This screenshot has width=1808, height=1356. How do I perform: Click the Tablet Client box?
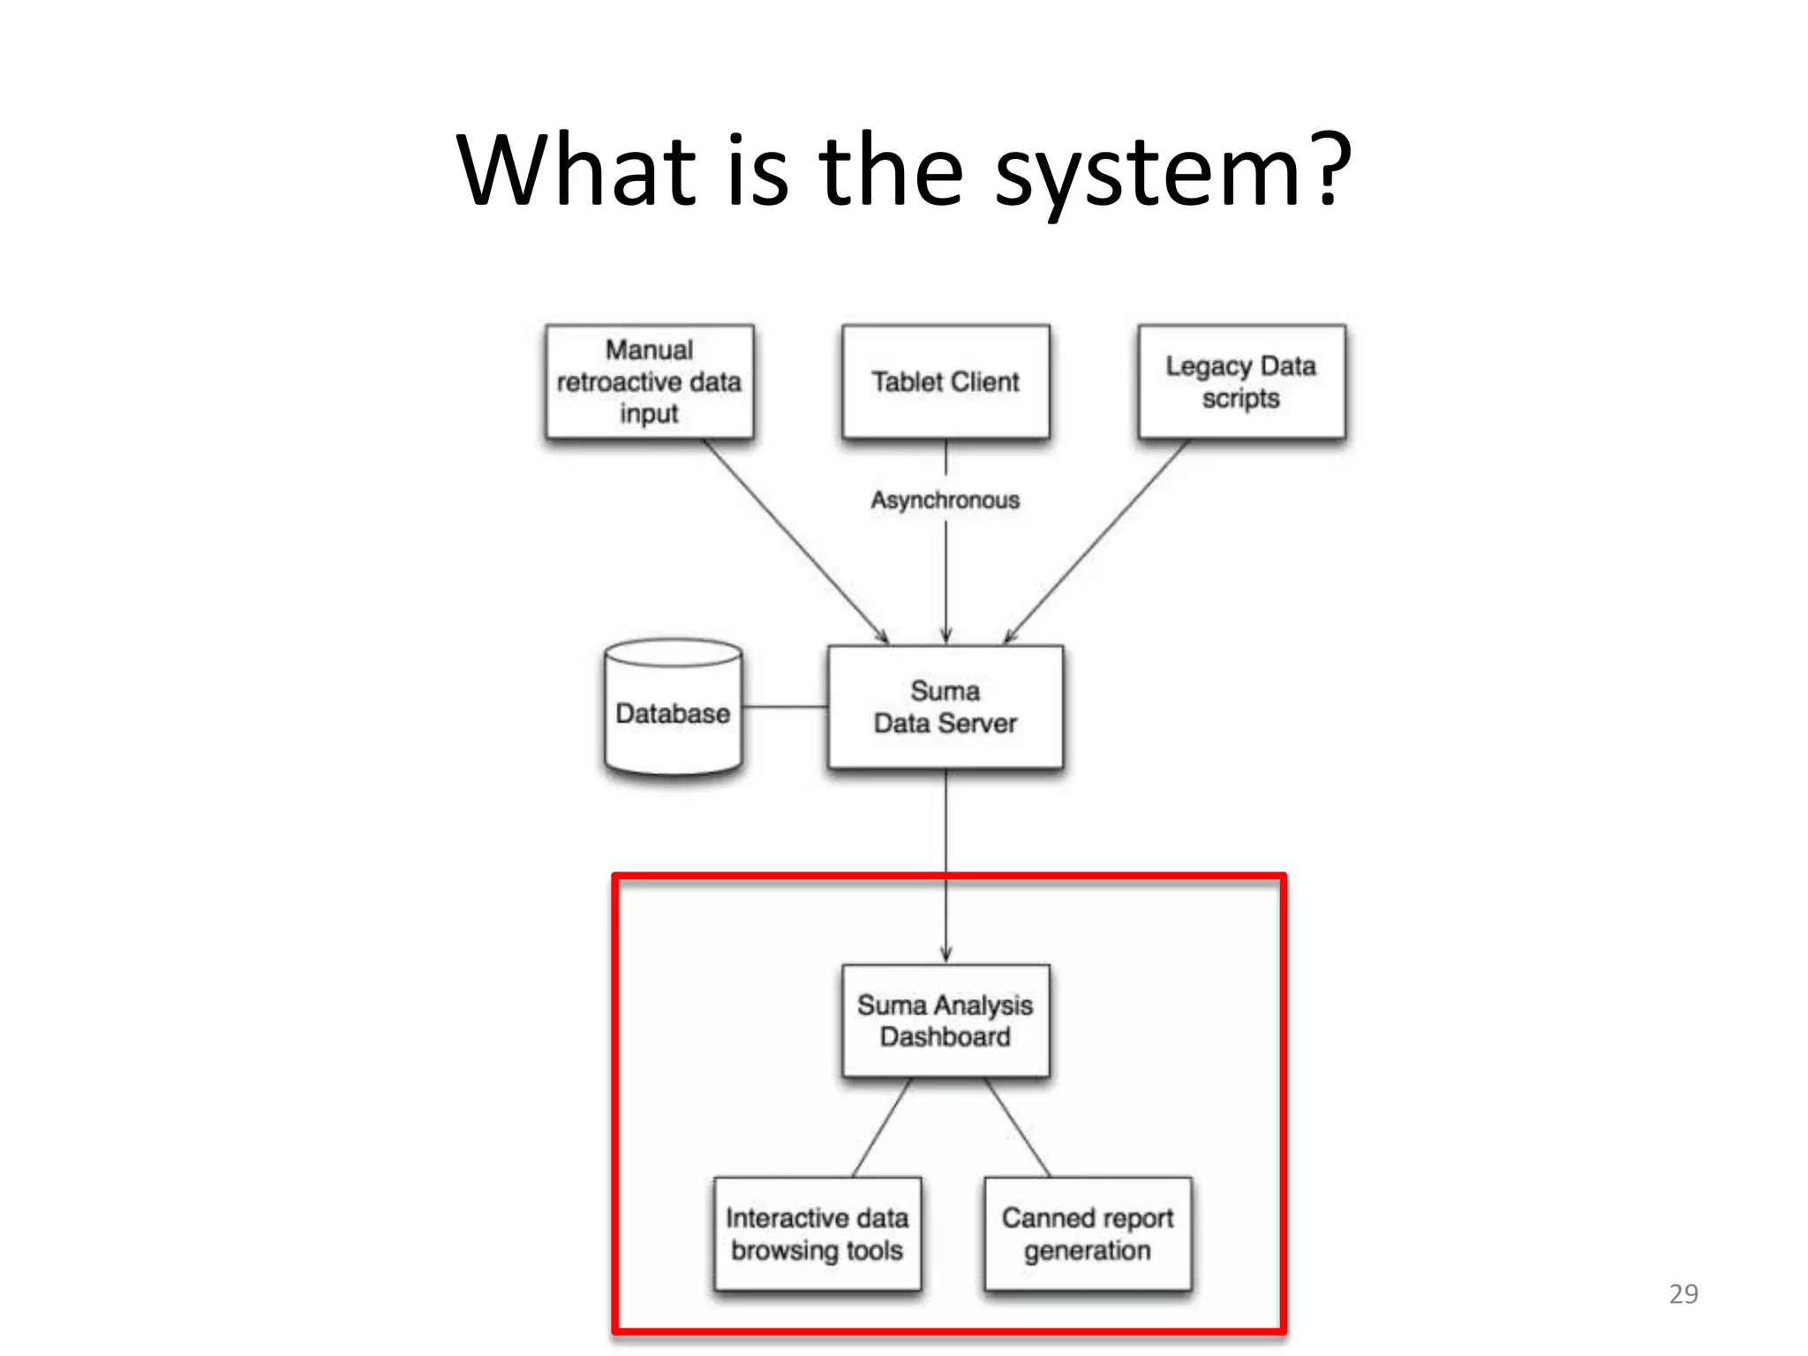(x=945, y=381)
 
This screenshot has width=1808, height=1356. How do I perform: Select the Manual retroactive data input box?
(x=650, y=381)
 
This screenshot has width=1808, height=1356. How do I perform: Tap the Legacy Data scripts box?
(x=1241, y=381)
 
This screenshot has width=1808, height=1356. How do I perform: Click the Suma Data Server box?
(x=945, y=707)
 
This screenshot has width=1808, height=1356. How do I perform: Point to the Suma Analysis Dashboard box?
(x=945, y=1021)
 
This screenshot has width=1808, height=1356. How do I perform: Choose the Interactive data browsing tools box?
(x=817, y=1234)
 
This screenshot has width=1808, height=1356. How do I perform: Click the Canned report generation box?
(x=1088, y=1234)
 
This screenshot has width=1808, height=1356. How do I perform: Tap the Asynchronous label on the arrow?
(x=945, y=500)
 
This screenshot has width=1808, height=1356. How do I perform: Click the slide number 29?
(x=1684, y=1294)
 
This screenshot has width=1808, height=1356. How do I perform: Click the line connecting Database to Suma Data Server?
(x=785, y=707)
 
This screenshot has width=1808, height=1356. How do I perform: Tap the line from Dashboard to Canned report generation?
(x=1018, y=1127)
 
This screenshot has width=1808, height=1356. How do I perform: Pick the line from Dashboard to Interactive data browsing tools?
(x=881, y=1127)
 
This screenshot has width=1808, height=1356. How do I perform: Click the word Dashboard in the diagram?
(x=945, y=1037)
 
